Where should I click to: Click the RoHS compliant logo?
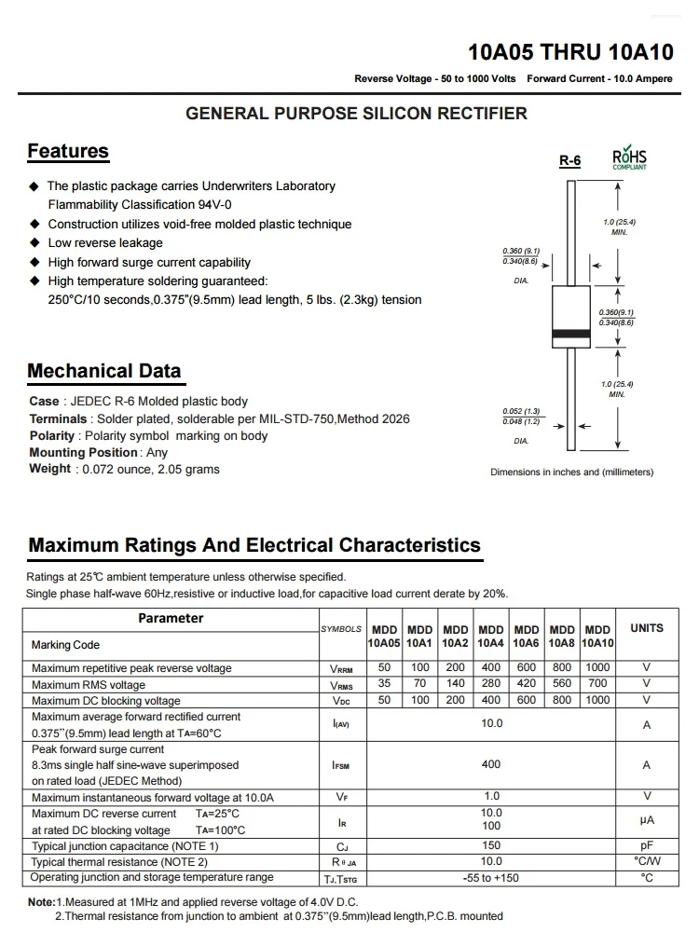pyautogui.click(x=629, y=158)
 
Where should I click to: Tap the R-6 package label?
pyautogui.click(x=569, y=160)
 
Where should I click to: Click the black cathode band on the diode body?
pyautogui.click(x=569, y=333)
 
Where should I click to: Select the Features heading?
pyautogui.click(x=68, y=151)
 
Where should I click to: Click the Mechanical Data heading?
pyautogui.click(x=104, y=370)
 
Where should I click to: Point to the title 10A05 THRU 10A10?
pyautogui.click(x=570, y=53)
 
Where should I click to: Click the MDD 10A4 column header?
pyautogui.click(x=491, y=636)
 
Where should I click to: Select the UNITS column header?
pyautogui.click(x=647, y=628)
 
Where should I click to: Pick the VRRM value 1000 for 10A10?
pyautogui.click(x=597, y=667)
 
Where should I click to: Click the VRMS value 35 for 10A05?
pyautogui.click(x=384, y=684)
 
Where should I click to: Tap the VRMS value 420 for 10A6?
pyautogui.click(x=527, y=684)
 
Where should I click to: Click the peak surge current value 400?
pyautogui.click(x=491, y=764)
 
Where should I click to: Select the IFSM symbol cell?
pyautogui.click(x=341, y=765)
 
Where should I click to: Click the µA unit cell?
pyautogui.click(x=647, y=821)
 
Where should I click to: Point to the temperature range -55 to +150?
pyautogui.click(x=491, y=878)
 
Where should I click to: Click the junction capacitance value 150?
pyautogui.click(x=491, y=845)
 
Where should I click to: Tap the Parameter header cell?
pyautogui.click(x=171, y=618)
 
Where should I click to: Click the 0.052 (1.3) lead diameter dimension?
pyautogui.click(x=521, y=411)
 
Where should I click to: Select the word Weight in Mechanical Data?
pyautogui.click(x=49, y=469)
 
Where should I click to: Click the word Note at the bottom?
pyautogui.click(x=41, y=902)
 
